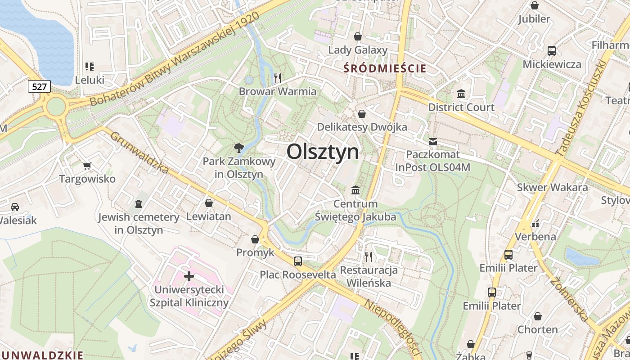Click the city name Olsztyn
click(323, 152)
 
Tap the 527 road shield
click(40, 86)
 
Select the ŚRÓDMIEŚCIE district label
click(384, 68)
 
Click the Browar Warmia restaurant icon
click(277, 78)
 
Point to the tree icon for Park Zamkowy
click(238, 148)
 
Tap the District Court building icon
click(461, 94)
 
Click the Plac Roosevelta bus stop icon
click(297, 261)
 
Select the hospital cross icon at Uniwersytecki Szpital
click(189, 275)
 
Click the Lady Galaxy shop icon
click(358, 36)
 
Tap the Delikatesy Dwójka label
click(362, 127)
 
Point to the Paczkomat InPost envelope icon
click(432, 142)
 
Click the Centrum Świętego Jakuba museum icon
click(355, 190)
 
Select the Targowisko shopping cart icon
click(87, 166)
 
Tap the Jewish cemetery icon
click(139, 204)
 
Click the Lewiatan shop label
click(208, 216)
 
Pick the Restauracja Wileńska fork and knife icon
click(369, 256)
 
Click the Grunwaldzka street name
click(139, 153)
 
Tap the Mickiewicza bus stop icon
click(551, 51)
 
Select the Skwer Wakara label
click(552, 187)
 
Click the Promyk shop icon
click(255, 239)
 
